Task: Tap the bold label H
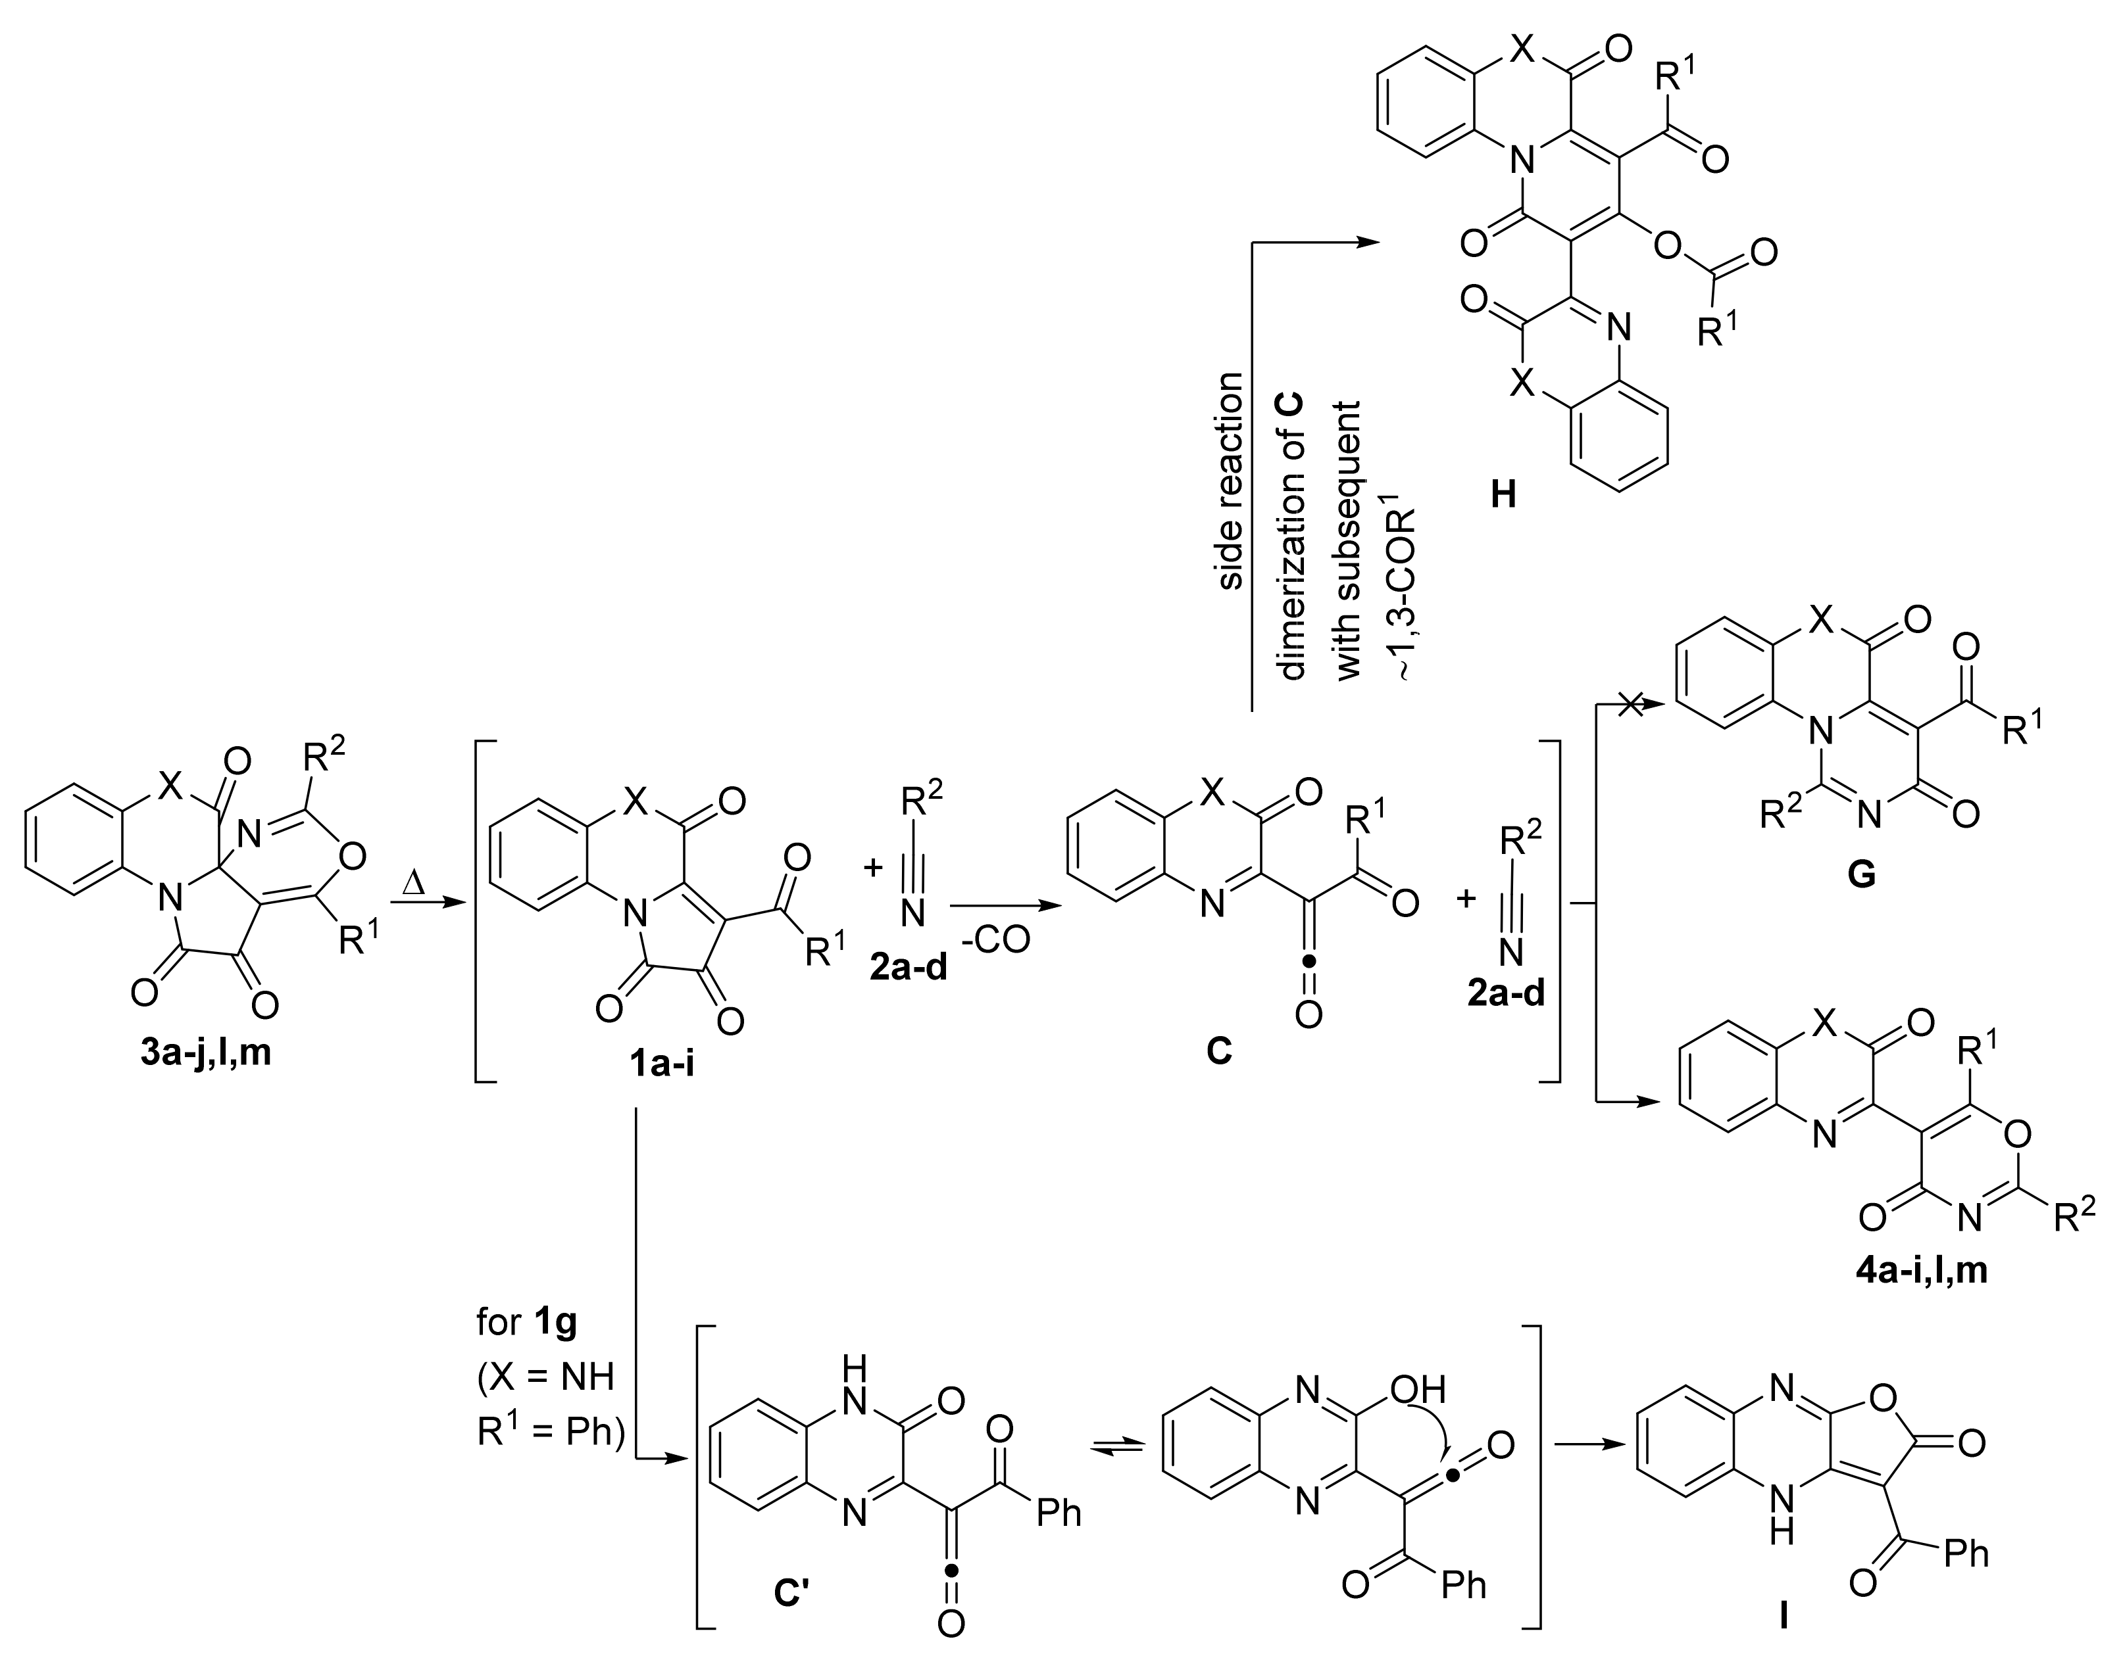1503,496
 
